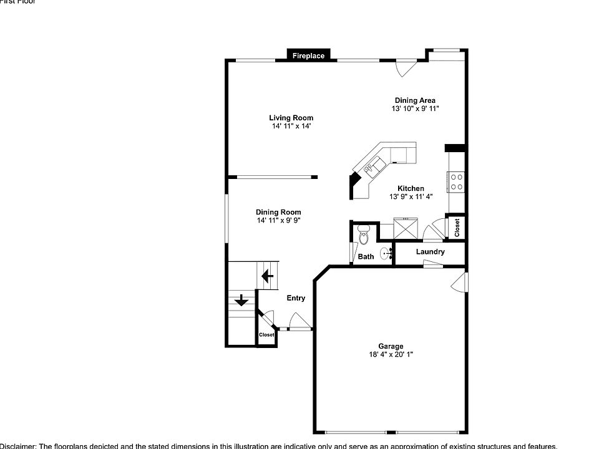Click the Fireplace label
point(308,56)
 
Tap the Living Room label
point(291,118)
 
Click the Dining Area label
point(415,100)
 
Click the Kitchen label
point(411,188)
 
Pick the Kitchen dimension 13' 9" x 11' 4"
point(411,197)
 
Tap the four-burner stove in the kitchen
point(456,181)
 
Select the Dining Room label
point(278,212)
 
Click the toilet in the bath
point(364,237)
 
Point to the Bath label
point(366,256)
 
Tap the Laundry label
point(430,252)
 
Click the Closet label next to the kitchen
point(457,228)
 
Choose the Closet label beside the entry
point(266,335)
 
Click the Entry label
point(296,298)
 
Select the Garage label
point(391,346)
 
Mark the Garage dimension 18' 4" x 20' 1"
point(391,355)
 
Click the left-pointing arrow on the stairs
point(268,275)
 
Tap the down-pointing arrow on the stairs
point(240,302)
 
